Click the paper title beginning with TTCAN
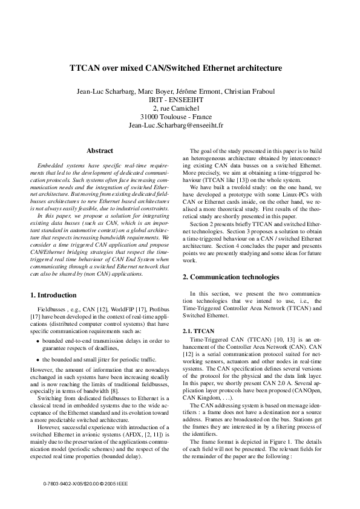[x=180, y=69]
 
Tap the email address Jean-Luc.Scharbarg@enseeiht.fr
[x=180, y=125]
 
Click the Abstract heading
[x=100, y=151]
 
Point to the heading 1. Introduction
[x=53, y=295]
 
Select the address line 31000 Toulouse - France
[x=180, y=117]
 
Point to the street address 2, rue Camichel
[x=180, y=108]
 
